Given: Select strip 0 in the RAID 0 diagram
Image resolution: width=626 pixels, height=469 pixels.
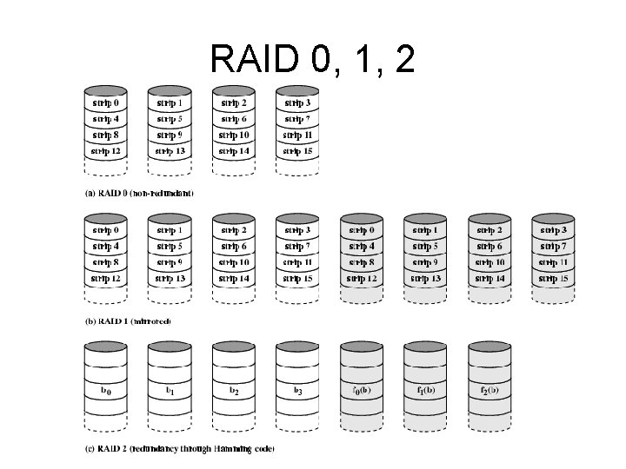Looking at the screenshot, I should click(106, 103).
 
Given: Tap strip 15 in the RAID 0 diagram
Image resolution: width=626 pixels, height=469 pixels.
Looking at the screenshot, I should click(297, 151).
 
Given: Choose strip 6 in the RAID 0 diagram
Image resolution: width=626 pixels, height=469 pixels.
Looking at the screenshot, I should click(234, 119).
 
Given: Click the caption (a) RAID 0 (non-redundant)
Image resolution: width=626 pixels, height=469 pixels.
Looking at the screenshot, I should click(139, 192).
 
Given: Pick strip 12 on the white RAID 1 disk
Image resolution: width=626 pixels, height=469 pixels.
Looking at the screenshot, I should click(106, 279).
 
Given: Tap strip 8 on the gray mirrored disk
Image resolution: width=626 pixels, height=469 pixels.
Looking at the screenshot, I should click(362, 262).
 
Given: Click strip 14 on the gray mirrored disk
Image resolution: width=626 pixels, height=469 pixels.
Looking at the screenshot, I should click(489, 279).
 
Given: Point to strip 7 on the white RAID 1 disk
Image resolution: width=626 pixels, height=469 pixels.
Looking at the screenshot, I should click(297, 247).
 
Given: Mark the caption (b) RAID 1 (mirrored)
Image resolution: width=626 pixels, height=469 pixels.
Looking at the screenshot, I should click(128, 320).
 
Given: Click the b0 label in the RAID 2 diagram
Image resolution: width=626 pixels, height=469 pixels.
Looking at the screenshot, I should click(106, 391).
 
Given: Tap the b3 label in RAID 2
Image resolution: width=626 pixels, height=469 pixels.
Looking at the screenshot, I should click(297, 391).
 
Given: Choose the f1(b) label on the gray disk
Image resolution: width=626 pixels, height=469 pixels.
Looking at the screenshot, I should click(425, 391).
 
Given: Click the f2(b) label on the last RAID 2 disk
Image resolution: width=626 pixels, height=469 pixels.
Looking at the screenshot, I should click(489, 391).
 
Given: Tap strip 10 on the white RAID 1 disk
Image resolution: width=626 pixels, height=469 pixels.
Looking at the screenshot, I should click(234, 262).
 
